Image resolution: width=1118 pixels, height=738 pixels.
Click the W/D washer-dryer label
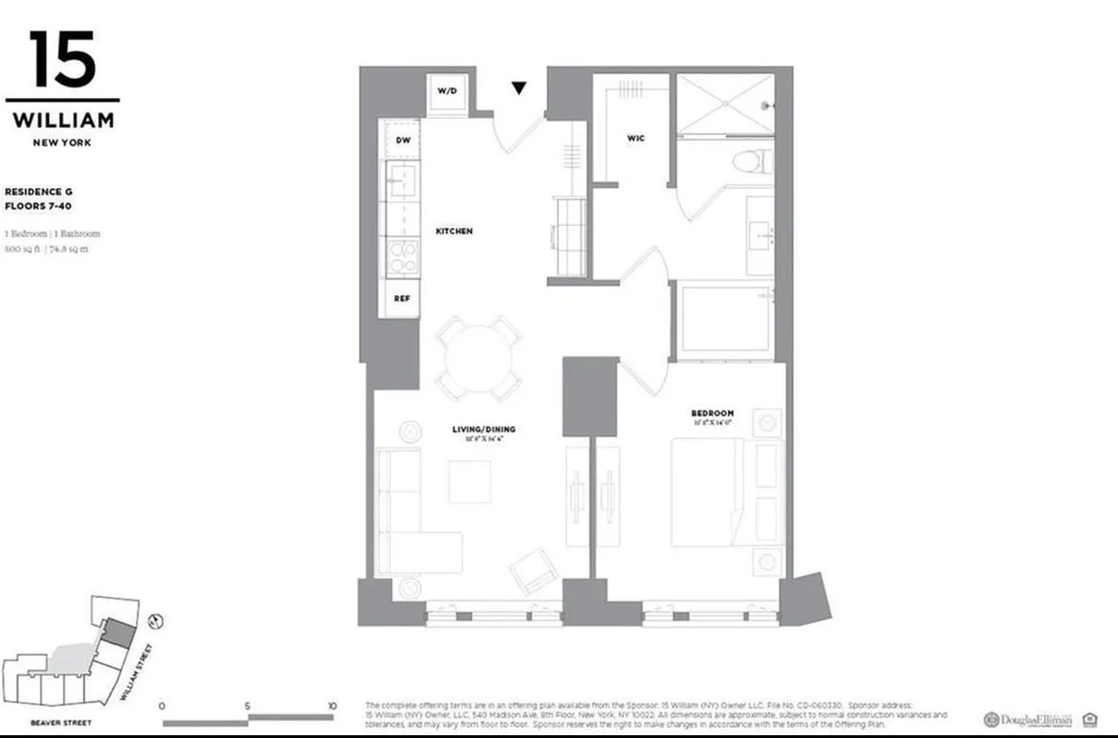[x=447, y=91]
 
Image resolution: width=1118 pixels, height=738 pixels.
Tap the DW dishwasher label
[x=402, y=140]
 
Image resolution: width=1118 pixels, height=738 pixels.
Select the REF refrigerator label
[x=402, y=298]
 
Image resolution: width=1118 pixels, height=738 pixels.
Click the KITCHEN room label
[x=454, y=231]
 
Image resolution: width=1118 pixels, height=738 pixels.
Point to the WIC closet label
[x=636, y=138]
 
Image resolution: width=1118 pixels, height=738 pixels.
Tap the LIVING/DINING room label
[x=483, y=429]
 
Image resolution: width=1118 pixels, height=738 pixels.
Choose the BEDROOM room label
[x=712, y=412]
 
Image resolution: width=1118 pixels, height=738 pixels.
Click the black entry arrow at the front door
[x=519, y=89]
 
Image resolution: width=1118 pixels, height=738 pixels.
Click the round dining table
[x=479, y=357]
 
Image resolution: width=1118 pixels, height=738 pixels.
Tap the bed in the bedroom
[x=707, y=492]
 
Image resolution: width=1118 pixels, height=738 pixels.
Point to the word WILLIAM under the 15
[x=63, y=120]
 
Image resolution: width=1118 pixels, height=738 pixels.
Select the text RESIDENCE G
[x=39, y=192]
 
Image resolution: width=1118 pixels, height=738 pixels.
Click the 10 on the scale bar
[x=331, y=706]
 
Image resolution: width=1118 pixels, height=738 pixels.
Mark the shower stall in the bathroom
[x=725, y=104]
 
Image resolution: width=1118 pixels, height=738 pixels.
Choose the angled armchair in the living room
[x=530, y=570]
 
